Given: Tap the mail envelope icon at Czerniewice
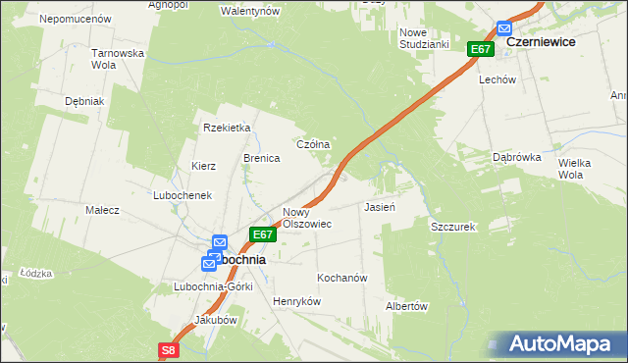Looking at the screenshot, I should click(x=504, y=29).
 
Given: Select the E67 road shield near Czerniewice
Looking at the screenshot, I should click(x=480, y=49).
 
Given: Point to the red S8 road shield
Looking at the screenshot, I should click(x=169, y=349).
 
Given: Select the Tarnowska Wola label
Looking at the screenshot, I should click(x=118, y=59).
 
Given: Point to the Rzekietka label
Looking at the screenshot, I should click(x=228, y=128).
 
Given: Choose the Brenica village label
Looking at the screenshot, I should click(x=262, y=158).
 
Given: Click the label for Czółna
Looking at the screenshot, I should click(x=313, y=144).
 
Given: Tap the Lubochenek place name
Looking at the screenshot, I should click(x=183, y=195).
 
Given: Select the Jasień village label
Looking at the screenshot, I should click(x=380, y=208).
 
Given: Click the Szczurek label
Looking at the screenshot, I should click(x=452, y=227).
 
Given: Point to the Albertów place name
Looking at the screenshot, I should click(x=407, y=306).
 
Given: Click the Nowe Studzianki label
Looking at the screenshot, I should click(x=423, y=38).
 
